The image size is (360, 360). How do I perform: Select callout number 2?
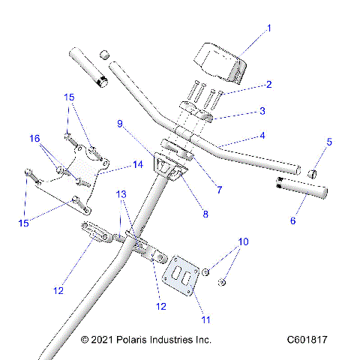click(x=269, y=85)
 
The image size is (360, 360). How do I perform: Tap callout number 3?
click(x=262, y=111)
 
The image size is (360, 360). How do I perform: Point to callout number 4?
click(x=262, y=136)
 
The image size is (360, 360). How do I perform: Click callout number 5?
click(x=329, y=141)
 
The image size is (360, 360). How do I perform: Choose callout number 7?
click(x=219, y=190)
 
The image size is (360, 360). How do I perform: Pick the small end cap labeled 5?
click(x=313, y=174)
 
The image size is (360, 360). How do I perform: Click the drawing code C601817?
click(x=307, y=340)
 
